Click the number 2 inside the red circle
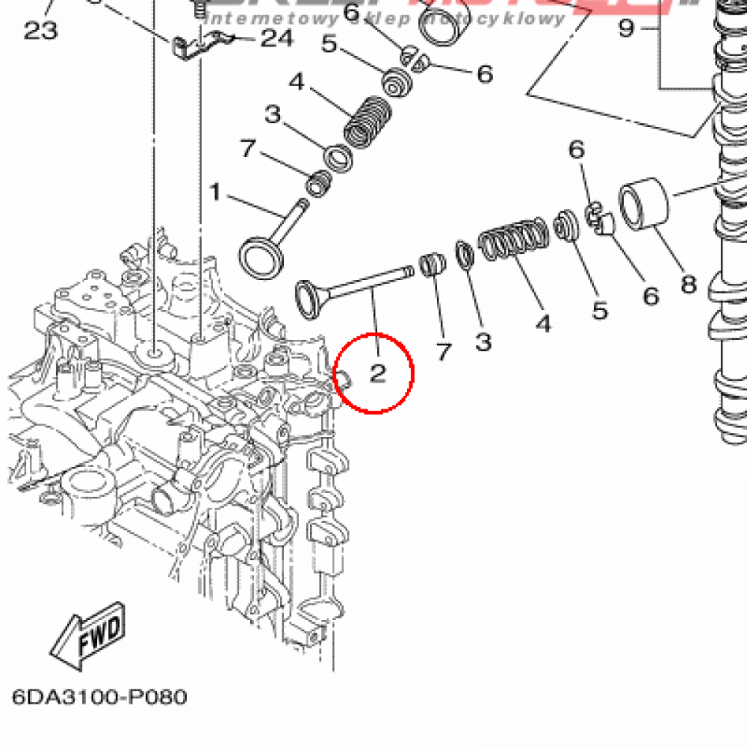tap(377, 373)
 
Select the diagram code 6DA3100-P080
tap(99, 697)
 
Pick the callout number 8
tap(689, 283)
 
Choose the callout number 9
tap(627, 29)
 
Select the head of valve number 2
tap(309, 298)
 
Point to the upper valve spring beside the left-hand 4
tap(368, 123)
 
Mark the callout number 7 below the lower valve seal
tap(443, 352)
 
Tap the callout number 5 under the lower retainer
tap(600, 311)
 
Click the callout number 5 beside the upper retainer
tap(329, 44)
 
